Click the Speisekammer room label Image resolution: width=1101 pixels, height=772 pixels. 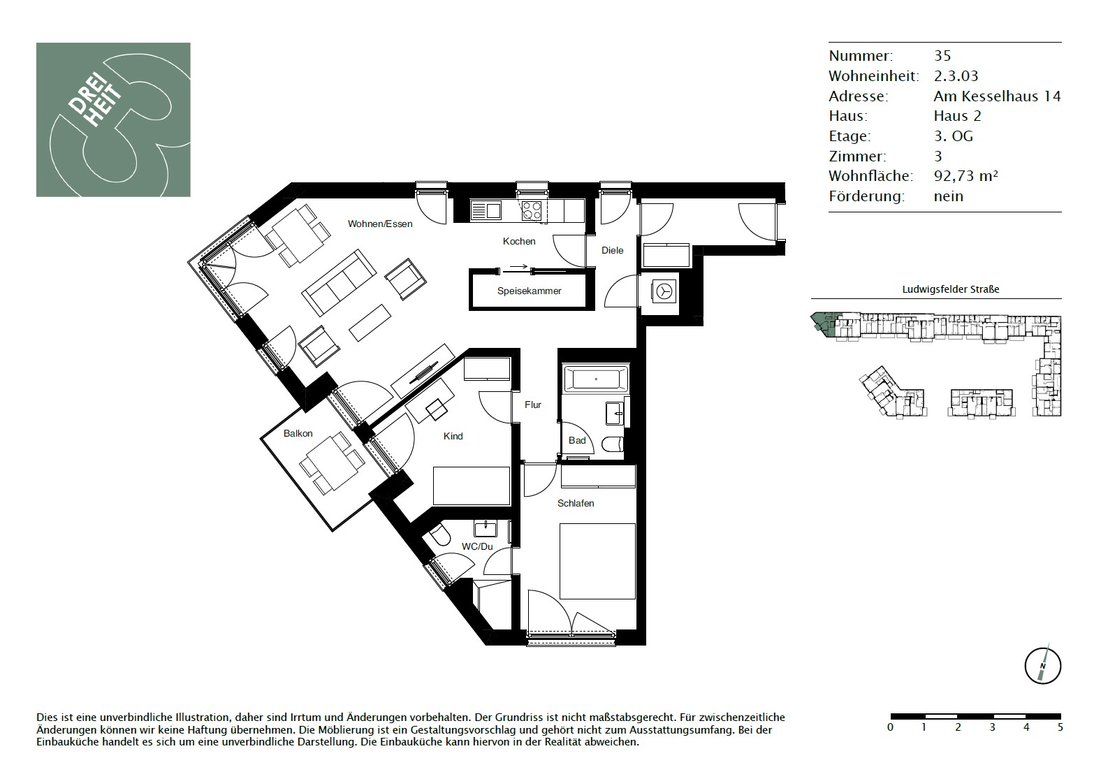tap(529, 291)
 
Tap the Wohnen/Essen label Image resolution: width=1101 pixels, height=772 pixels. tap(380, 224)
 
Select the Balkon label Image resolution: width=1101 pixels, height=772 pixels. tap(298, 433)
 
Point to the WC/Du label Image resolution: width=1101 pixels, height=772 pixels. tap(476, 546)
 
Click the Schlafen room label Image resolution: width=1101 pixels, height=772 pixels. tap(576, 503)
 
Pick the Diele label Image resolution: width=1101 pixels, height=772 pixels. tap(613, 250)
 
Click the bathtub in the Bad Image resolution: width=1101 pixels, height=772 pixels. tap(596, 379)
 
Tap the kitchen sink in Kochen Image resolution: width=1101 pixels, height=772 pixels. tap(486, 211)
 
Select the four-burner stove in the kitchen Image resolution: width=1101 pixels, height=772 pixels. tap(532, 211)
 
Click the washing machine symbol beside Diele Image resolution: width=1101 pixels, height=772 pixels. tap(664, 292)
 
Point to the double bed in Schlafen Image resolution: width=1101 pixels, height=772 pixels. tap(598, 561)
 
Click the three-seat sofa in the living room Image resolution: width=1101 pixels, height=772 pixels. tap(339, 282)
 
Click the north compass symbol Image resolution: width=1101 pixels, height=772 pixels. tap(1042, 667)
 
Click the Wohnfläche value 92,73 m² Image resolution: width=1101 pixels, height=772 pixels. tap(966, 176)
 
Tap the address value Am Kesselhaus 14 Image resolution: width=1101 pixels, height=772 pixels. tap(998, 96)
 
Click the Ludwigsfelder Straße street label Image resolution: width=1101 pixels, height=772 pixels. tap(951, 289)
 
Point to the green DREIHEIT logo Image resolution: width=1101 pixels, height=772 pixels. tap(113, 119)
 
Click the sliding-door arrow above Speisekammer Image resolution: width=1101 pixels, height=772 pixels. tap(518, 268)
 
